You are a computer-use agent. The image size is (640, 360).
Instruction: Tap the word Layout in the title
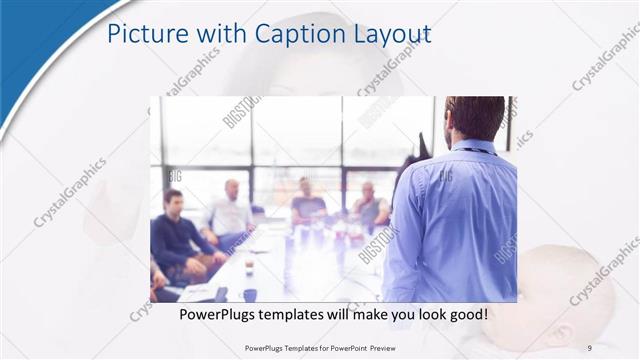pyautogui.click(x=387, y=34)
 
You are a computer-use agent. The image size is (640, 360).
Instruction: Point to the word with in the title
pyautogui.click(x=207, y=34)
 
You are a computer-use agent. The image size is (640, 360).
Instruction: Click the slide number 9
pyautogui.click(x=589, y=347)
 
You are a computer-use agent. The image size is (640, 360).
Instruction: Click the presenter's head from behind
pyautogui.click(x=474, y=117)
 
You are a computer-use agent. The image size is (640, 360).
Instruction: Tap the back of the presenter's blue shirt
pyautogui.click(x=455, y=220)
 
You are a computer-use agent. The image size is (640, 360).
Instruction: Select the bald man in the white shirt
pyautogui.click(x=230, y=210)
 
